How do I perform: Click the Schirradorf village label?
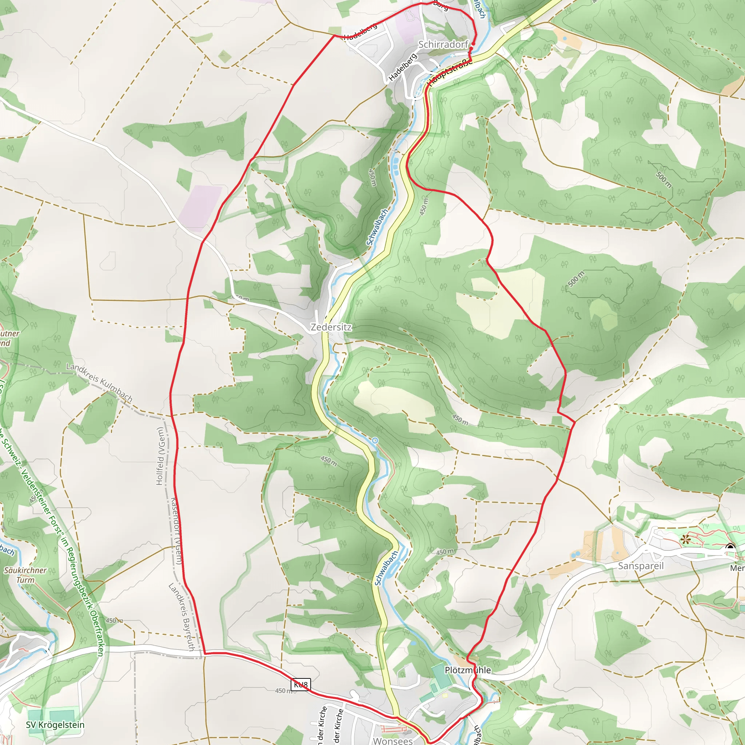click(x=443, y=45)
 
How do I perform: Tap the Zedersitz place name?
click(x=331, y=327)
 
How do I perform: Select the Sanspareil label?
click(x=641, y=566)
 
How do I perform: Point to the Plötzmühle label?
click(x=468, y=670)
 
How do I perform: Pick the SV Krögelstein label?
click(x=55, y=725)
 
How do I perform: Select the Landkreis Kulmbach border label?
click(x=99, y=383)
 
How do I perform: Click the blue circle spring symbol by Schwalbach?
click(x=375, y=441)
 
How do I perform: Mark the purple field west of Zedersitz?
click(x=200, y=208)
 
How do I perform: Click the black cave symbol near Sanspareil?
click(x=730, y=547)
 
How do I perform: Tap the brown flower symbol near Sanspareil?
click(x=685, y=539)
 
